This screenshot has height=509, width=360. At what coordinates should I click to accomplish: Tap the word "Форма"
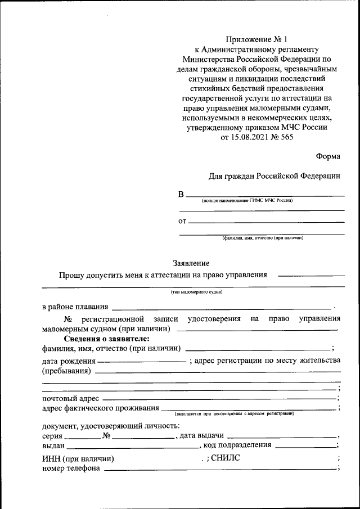pos(328,156)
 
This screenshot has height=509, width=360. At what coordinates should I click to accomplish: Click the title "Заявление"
pos(191,263)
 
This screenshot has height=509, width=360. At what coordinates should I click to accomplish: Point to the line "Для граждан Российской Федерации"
pos(274,176)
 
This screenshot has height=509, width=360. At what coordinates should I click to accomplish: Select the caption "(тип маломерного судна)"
pos(196,292)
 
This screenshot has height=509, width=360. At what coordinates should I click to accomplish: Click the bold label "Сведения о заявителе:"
pos(106,339)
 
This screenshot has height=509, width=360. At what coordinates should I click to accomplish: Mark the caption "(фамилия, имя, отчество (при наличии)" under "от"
pos(263,238)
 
